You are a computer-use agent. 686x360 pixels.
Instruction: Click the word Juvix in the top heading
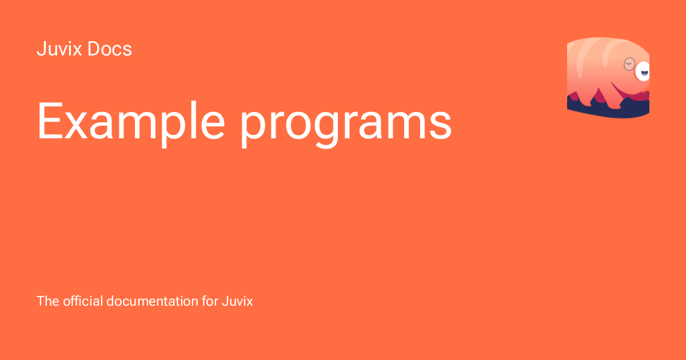59,49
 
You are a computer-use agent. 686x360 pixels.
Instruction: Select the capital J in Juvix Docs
41,49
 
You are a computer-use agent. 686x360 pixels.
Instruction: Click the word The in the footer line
48,301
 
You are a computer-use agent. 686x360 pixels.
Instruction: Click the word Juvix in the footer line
237,301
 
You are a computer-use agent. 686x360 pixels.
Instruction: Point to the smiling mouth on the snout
644,74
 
